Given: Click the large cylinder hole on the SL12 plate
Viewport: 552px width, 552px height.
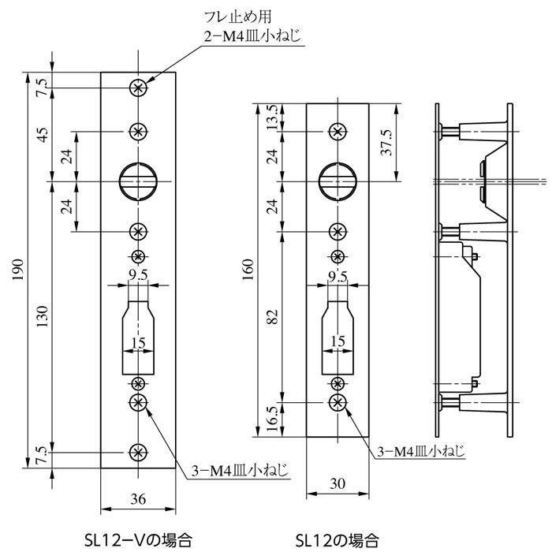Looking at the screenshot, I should click(x=338, y=180).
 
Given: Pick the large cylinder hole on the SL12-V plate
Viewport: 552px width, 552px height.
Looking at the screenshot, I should click(x=138, y=180).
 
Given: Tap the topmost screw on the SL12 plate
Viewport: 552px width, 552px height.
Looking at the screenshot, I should click(x=338, y=130).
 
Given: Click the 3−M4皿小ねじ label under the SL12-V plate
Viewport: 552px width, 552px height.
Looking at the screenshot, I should click(x=239, y=472).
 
